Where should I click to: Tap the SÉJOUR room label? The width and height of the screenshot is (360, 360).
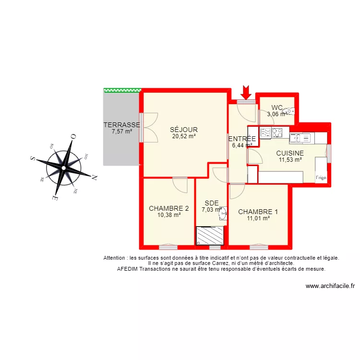[184, 130]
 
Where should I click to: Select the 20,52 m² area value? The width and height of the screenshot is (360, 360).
[184, 136]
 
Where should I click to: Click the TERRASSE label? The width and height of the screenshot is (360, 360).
[121, 125]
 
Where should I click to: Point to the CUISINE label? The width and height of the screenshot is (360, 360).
[290, 153]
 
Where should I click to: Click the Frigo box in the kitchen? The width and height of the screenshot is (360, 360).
[321, 178]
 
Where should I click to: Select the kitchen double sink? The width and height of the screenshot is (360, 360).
[301, 138]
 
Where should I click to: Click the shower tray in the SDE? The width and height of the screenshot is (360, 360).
[210, 235]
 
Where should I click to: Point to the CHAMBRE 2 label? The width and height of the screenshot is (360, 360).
[168, 208]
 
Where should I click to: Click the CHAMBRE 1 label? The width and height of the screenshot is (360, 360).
[258, 212]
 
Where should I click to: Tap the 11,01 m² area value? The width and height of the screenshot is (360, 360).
[258, 218]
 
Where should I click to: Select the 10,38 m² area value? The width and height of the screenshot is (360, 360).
[169, 215]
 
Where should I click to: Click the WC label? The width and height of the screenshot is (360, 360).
[277, 108]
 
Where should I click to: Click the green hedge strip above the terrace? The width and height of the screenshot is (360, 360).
[122, 90]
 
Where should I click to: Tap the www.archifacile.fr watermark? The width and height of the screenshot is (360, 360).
[330, 286]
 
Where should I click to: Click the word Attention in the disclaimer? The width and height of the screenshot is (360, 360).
[116, 258]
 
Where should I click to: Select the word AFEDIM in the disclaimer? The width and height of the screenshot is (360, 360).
[129, 269]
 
